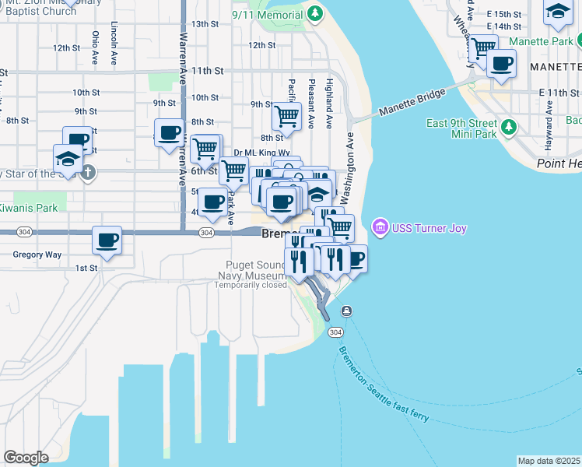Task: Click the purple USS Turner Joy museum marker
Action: (x=380, y=226)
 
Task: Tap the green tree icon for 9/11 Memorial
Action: (x=314, y=13)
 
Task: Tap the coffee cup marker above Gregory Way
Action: (x=107, y=241)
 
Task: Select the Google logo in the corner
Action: (x=26, y=457)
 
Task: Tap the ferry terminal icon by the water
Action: (x=345, y=311)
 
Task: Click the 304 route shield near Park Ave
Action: (x=206, y=233)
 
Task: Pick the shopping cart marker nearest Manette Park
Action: (x=483, y=48)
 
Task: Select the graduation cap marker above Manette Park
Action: (x=557, y=11)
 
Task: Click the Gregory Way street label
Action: (x=37, y=255)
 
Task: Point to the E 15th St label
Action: (x=502, y=14)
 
